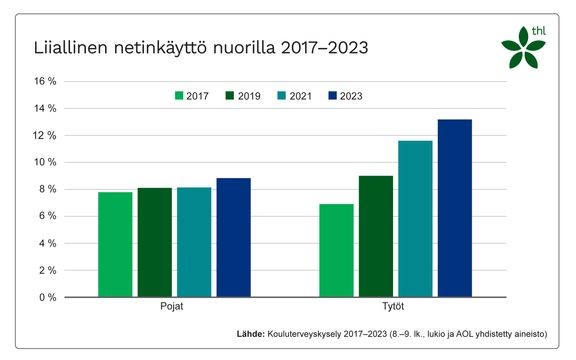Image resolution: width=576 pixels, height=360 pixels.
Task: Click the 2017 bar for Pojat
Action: coord(115,244)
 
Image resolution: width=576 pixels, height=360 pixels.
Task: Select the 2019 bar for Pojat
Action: coord(155,242)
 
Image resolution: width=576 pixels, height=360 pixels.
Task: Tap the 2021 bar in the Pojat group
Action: coord(194,242)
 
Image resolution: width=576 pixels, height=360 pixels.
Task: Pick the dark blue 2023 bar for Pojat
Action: coord(233,237)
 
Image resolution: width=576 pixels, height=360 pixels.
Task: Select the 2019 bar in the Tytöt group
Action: coord(376,236)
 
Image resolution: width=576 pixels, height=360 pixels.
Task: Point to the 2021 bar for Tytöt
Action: coord(415,218)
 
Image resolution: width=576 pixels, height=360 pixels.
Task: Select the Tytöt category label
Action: coord(395,308)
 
